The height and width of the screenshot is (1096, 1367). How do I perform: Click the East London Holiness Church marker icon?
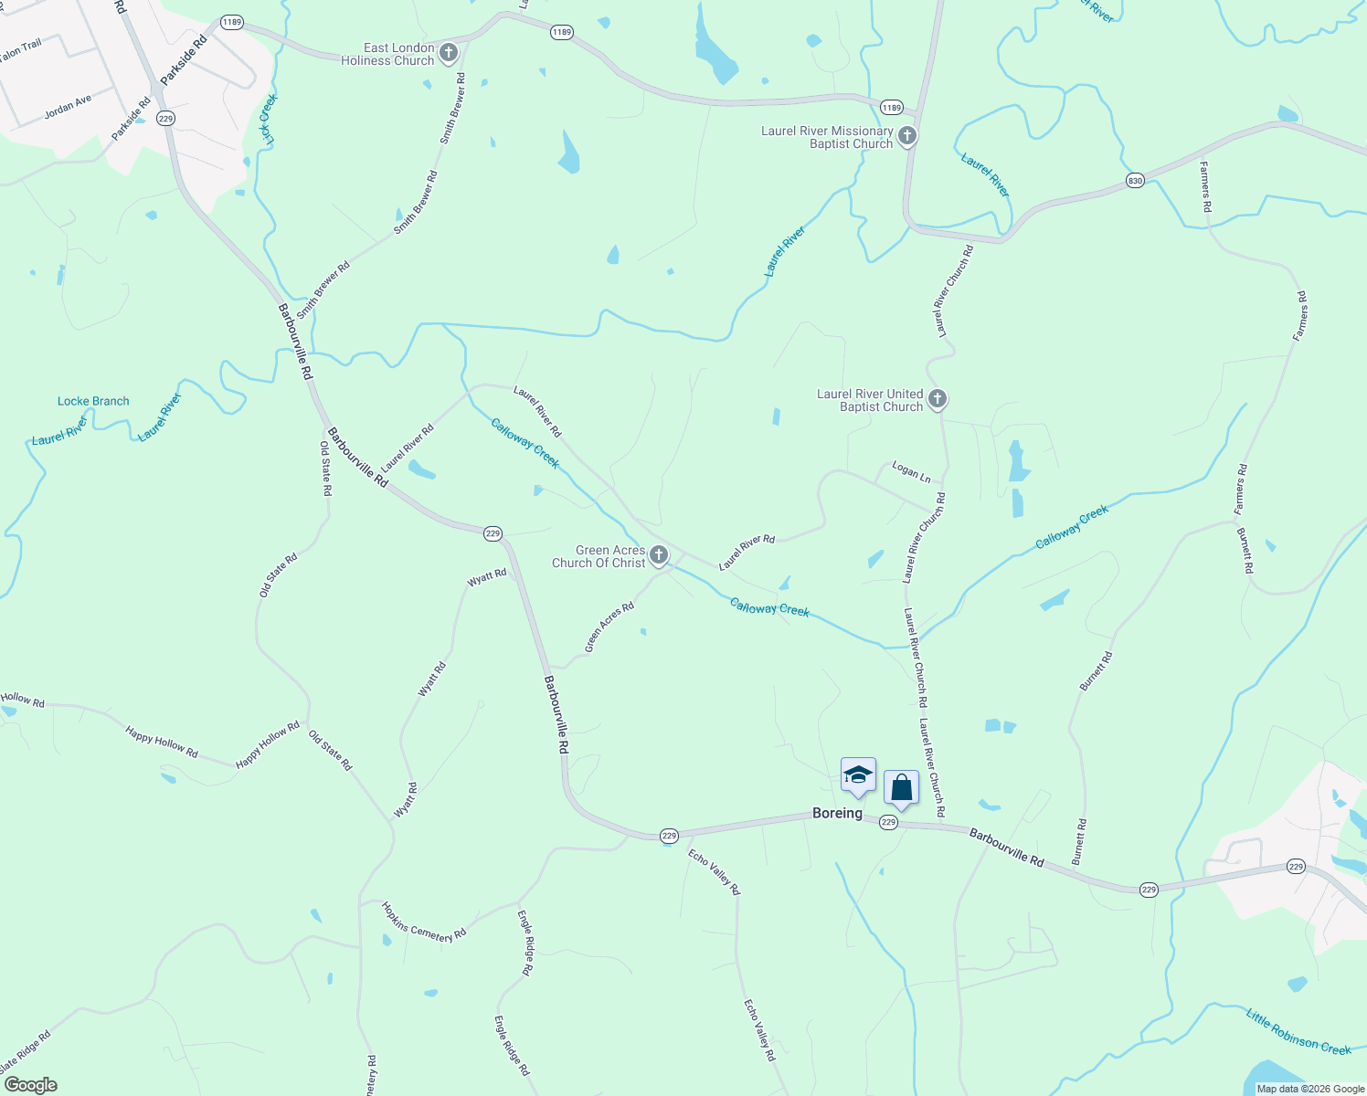point(448,53)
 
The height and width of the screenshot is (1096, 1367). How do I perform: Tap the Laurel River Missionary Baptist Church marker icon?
point(906,136)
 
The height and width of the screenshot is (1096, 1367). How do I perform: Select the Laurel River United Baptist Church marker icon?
point(937,399)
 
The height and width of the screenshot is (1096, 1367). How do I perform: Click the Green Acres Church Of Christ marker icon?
point(658,555)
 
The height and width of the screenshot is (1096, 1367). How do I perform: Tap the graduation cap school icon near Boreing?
point(858,776)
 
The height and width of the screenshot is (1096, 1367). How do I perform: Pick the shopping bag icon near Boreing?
point(901,788)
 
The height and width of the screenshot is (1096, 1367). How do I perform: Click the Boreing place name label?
point(837,813)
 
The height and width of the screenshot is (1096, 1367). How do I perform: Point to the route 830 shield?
point(1135,181)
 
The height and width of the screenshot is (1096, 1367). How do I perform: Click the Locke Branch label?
point(93,401)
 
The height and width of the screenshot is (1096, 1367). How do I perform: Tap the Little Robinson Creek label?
point(1298,1031)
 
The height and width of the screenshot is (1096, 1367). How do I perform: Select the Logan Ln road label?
point(911,472)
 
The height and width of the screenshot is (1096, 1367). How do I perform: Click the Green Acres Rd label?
point(609,627)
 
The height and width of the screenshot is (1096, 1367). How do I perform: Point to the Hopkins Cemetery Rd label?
point(424,922)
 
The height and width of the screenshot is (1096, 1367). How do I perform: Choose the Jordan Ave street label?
point(68,108)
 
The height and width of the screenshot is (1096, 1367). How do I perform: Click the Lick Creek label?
point(268,119)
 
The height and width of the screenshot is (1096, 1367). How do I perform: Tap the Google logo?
point(30,1085)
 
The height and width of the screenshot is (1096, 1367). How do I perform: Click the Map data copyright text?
point(1310,1089)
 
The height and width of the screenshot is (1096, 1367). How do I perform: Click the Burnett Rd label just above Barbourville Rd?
point(1080,841)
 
